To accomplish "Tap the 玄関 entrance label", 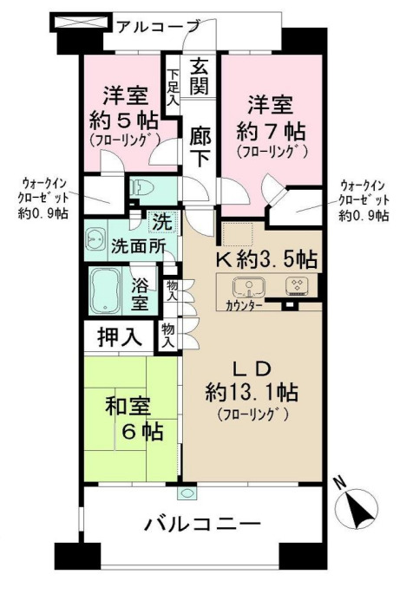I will coord(200,75).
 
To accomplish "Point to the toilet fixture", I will coord(141,186).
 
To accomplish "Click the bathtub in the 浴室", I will coord(108,290).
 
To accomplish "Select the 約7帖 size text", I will coord(271,133).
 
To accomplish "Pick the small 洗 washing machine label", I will coord(161,221).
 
